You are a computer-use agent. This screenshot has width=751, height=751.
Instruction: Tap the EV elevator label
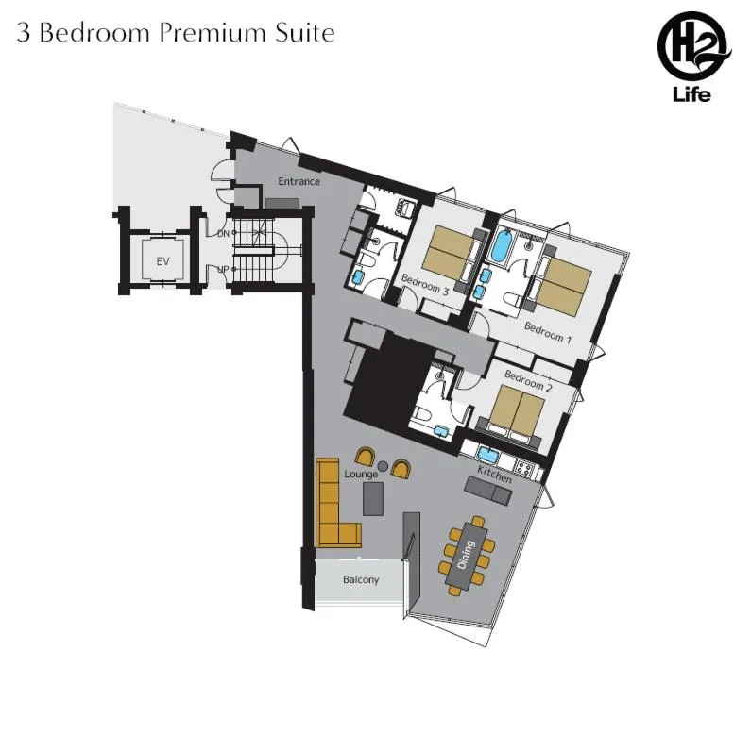coord(162,260)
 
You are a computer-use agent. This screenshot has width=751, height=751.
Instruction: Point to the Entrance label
coord(299,181)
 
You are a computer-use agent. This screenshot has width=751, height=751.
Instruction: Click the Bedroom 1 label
coord(548,331)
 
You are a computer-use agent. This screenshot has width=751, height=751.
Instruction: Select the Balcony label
coord(361,579)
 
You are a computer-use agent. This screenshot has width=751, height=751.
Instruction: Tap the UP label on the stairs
coord(223,270)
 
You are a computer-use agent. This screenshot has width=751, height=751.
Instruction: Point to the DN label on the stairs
coord(223,233)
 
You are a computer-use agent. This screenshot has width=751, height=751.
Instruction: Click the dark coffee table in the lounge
coord(374,498)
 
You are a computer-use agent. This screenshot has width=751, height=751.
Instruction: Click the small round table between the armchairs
coord(383,466)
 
